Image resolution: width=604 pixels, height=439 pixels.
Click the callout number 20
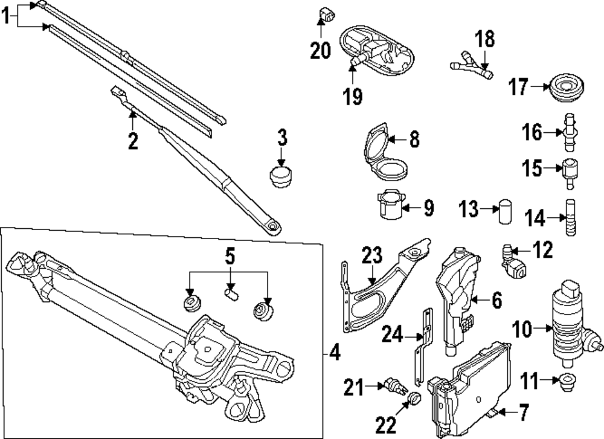coord(321,51)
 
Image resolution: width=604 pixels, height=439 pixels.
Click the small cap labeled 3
coord(280,176)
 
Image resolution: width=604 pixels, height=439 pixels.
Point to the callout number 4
coord(335,353)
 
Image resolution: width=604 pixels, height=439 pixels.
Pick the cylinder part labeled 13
coord(505,212)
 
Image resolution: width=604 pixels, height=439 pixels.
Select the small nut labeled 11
coord(567,381)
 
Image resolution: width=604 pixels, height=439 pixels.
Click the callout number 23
coord(372,256)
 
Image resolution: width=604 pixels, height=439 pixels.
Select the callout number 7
coord(521,414)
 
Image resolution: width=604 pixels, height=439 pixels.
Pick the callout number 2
coord(133,141)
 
